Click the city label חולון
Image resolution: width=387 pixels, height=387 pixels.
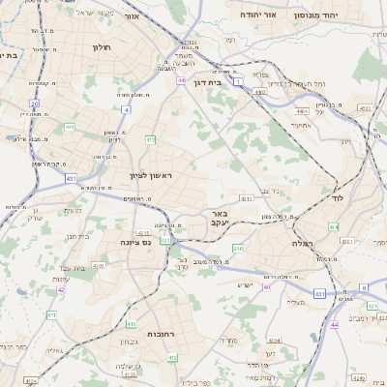coord(102,46)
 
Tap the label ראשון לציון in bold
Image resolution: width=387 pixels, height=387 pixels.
coord(150,175)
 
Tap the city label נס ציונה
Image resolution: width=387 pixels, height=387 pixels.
coord(136,242)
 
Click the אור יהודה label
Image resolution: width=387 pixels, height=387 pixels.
coord(283,15)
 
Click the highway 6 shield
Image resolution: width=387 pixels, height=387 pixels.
coord(364,287)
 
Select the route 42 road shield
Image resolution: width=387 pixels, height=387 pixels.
coord(60,288)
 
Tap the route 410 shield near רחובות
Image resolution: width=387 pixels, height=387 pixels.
coord(172,358)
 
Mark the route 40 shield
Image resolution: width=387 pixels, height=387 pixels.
coord(267,285)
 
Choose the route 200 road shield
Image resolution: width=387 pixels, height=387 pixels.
coord(238,249)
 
